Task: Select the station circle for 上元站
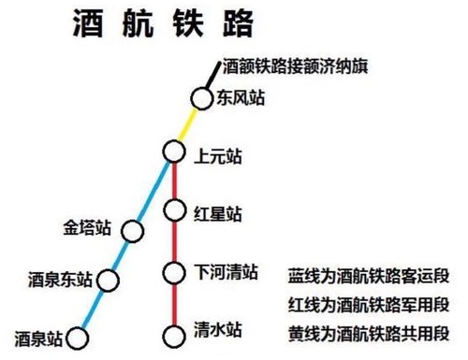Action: tap(173, 151)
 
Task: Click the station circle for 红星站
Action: tap(173, 209)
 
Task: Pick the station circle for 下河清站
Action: tap(173, 273)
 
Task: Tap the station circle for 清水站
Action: tap(173, 334)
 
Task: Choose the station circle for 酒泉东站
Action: tap(109, 280)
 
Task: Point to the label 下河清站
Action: tap(225, 272)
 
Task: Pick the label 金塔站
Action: tap(87, 228)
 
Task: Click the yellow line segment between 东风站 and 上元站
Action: tap(188, 123)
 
